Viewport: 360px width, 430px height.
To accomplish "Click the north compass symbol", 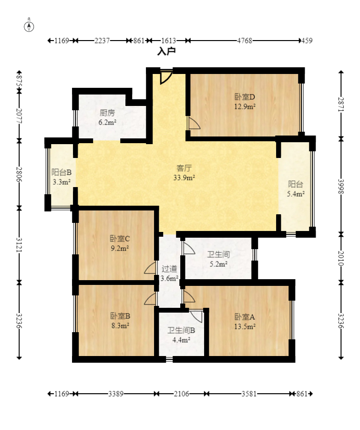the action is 29,26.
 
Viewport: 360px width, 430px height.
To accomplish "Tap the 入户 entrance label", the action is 166,51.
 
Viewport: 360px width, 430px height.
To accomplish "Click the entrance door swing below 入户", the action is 166,77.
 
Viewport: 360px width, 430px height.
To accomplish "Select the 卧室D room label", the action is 245,97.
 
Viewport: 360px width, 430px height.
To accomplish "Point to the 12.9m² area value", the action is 245,106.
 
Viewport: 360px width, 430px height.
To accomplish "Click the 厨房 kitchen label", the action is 107,113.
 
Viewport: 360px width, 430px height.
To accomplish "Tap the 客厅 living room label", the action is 184,168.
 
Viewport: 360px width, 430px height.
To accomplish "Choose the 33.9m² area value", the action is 184,178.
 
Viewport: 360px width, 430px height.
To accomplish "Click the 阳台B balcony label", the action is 62,172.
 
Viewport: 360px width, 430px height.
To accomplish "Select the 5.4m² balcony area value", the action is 296,194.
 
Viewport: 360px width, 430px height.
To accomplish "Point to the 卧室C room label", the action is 120,239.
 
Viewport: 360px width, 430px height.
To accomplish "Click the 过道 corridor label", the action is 169,269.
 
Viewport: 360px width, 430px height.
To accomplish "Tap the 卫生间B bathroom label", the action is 181,330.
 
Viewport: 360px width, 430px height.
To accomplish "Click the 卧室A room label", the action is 245,317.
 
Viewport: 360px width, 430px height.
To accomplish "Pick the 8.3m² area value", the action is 120,325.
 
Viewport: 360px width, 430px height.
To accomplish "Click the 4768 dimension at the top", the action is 245,41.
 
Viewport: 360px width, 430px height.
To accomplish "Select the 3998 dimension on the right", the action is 341,187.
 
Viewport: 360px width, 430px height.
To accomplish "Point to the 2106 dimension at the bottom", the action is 181,394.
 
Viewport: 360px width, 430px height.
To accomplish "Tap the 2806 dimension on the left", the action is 19,174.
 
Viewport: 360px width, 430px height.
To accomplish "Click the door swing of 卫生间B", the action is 196,316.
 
